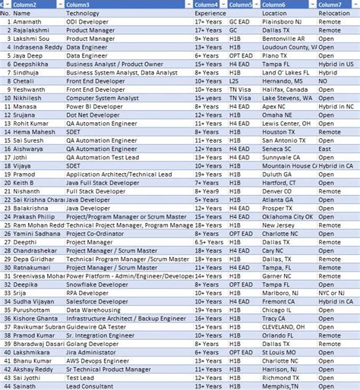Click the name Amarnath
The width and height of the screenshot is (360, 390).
pyautogui.click(x=29, y=23)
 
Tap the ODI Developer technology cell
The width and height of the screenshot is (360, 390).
pyautogui.click(x=88, y=23)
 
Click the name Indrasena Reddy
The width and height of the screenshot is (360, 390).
pyautogui.click(x=37, y=47)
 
